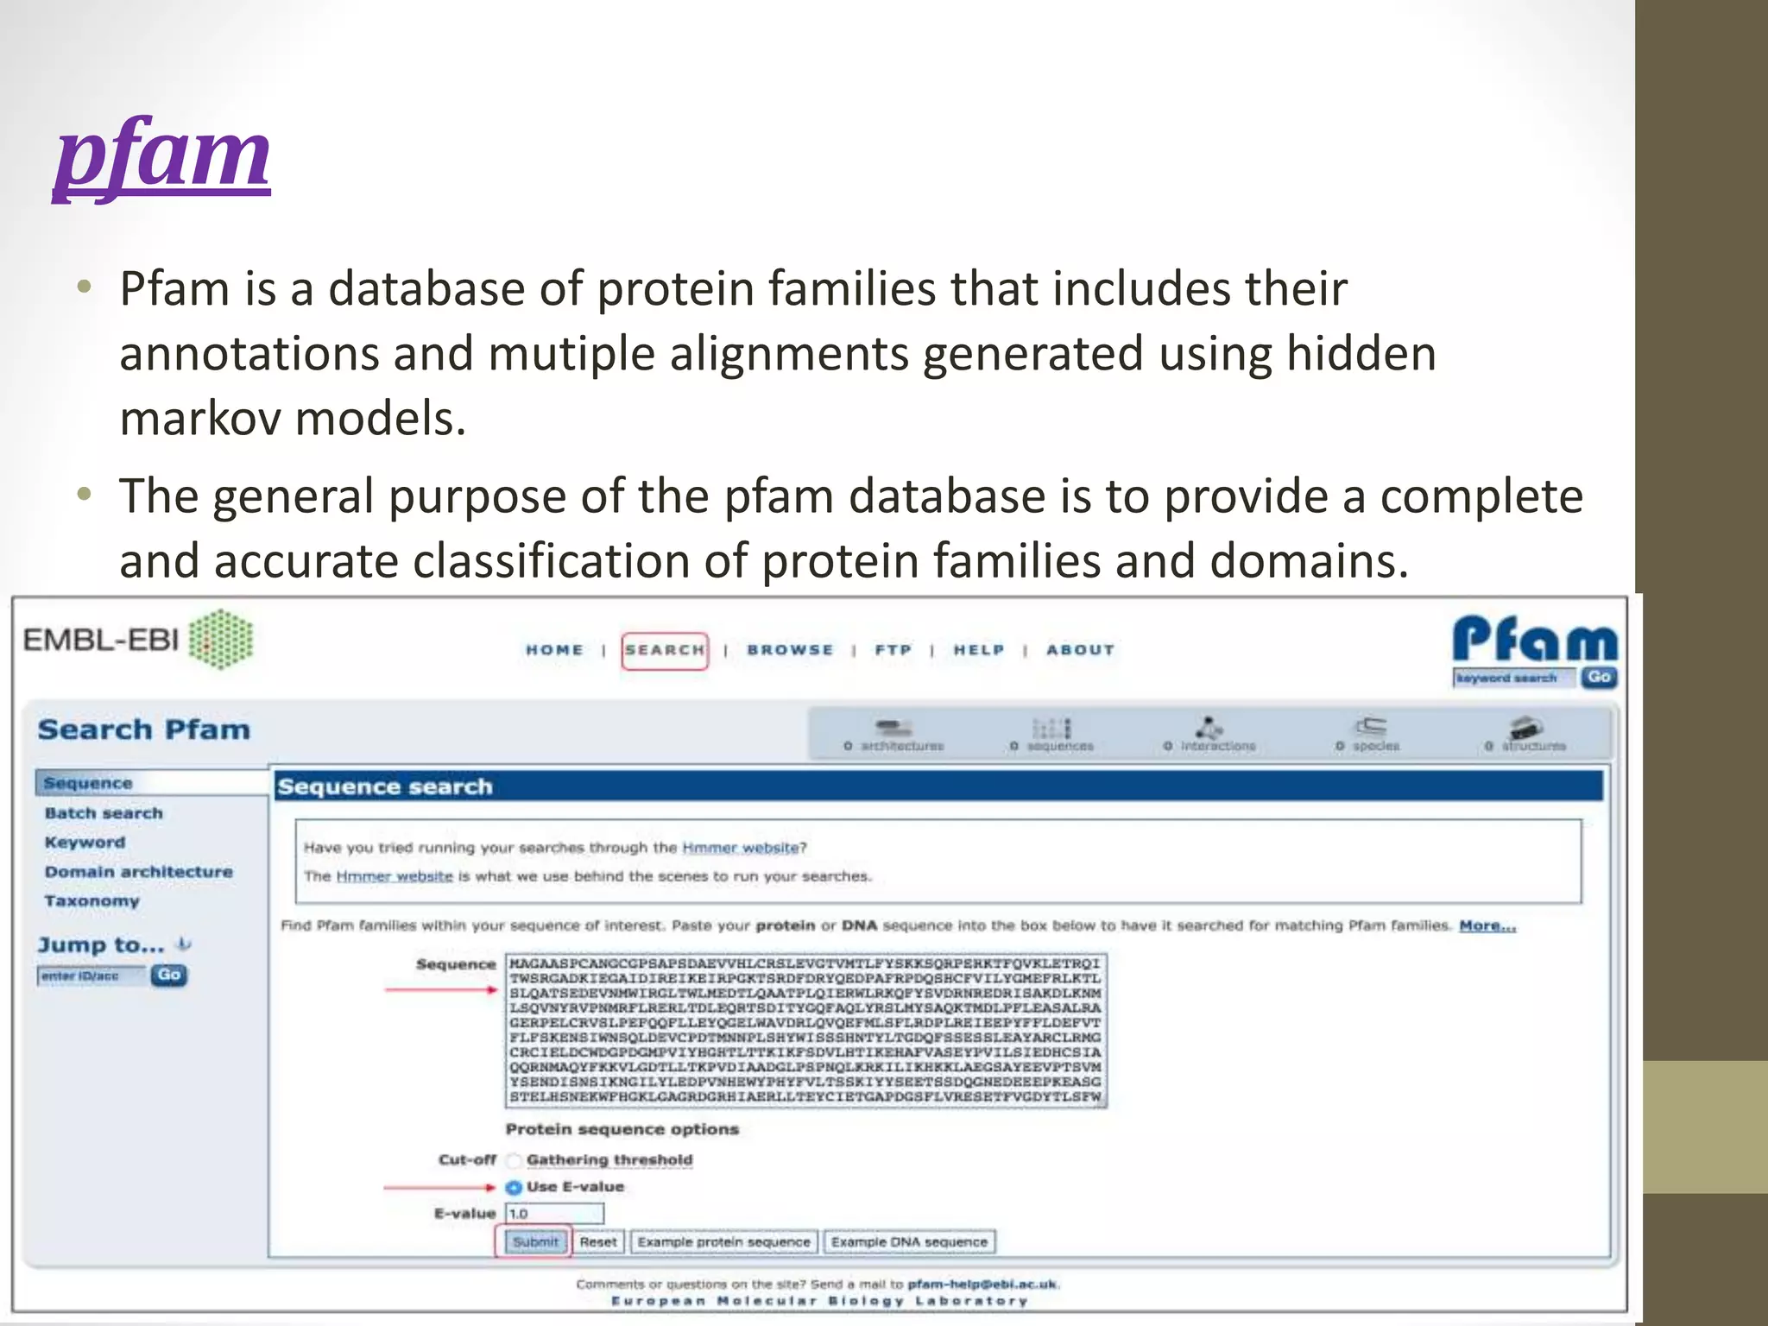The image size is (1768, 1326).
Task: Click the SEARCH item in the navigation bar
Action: (x=665, y=650)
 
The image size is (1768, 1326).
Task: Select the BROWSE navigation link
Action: (x=790, y=650)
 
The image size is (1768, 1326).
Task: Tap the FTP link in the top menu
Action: (x=893, y=650)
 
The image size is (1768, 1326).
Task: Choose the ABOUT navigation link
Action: (x=1080, y=650)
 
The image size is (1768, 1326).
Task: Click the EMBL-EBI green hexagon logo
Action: (x=221, y=640)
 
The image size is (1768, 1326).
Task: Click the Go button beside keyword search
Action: (x=1599, y=678)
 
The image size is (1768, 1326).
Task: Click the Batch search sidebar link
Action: (x=104, y=813)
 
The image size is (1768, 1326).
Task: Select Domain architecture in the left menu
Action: (x=138, y=872)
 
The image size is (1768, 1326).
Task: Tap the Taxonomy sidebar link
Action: (x=92, y=901)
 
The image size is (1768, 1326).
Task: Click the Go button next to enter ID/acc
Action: (x=168, y=976)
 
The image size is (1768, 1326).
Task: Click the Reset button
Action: (x=598, y=1242)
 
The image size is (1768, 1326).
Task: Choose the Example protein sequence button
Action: (x=723, y=1242)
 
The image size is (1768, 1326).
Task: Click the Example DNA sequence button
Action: (x=909, y=1242)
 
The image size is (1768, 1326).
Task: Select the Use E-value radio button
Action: (x=514, y=1187)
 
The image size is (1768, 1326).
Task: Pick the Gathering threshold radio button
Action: (x=514, y=1160)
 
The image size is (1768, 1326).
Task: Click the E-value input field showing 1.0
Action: (x=554, y=1214)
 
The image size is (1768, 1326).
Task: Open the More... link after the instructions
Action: (x=1487, y=926)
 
